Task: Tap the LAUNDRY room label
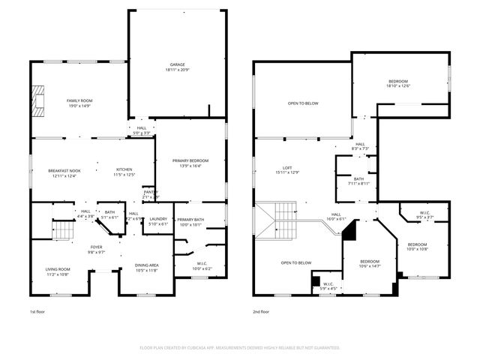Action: click(158, 220)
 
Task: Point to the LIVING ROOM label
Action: click(58, 271)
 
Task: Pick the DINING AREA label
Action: click(145, 267)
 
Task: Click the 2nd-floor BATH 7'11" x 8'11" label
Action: click(358, 181)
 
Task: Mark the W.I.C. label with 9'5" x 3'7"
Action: click(424, 215)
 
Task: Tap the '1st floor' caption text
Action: click(38, 311)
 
